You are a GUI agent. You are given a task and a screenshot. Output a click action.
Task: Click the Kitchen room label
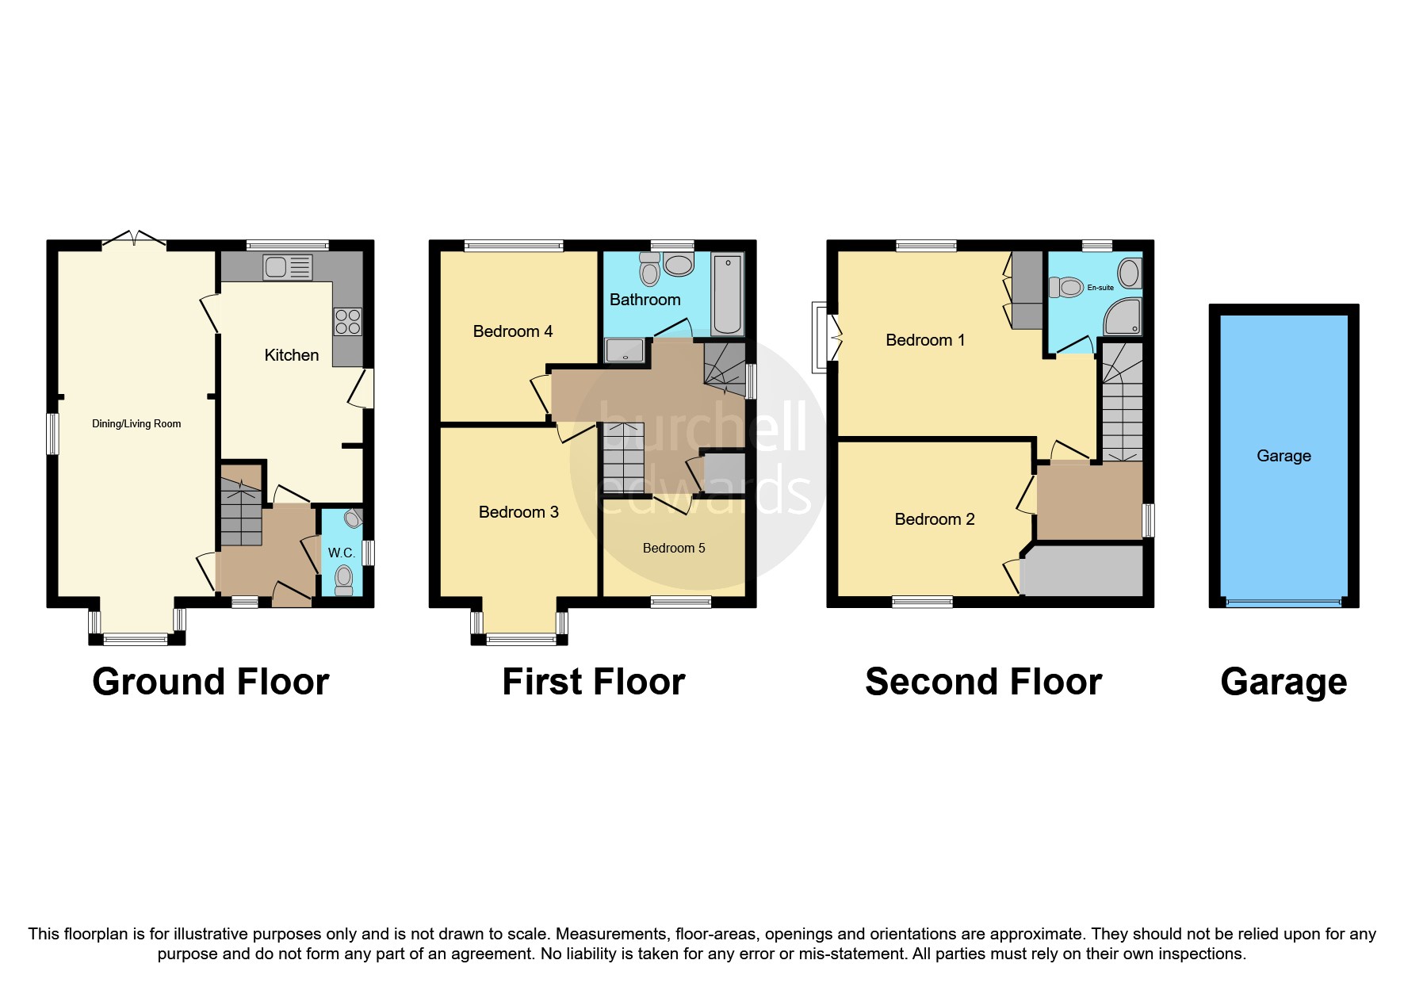292,355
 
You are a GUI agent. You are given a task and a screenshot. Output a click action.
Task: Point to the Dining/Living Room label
136,424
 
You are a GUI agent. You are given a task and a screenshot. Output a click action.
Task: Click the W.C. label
342,553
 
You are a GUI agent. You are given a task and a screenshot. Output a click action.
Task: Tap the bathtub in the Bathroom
727,294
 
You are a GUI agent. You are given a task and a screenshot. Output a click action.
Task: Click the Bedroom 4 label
512,331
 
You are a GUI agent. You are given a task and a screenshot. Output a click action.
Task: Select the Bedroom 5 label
673,549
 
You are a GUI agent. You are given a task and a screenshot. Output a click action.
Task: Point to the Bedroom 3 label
518,512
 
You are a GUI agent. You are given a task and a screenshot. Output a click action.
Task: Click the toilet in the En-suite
1065,287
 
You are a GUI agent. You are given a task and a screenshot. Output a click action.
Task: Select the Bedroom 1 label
925,340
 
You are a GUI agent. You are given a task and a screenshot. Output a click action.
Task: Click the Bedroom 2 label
935,519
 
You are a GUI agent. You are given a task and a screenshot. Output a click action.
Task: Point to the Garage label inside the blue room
1283,456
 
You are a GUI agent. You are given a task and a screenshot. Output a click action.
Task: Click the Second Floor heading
983,682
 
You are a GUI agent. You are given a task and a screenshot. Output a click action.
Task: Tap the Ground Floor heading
210,682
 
